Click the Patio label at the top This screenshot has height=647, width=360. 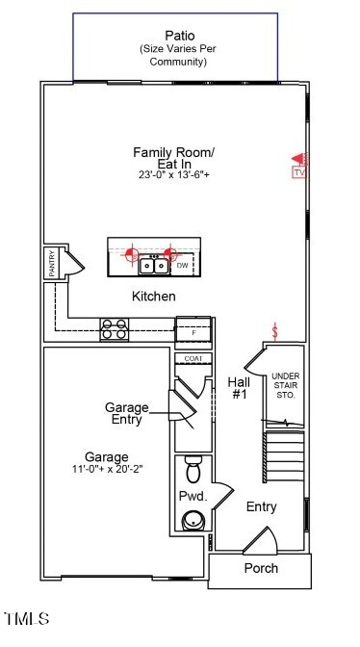173,34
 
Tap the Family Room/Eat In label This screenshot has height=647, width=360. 174,158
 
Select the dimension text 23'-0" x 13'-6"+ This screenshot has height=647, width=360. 174,175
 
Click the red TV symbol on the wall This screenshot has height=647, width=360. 298,165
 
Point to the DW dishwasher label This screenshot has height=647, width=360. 182,265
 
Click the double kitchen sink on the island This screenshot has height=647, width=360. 151,265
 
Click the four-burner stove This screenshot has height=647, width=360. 116,329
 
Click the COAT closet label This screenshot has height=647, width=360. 193,359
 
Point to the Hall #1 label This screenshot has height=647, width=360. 239,388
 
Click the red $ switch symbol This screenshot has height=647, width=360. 276,332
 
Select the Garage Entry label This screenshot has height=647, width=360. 126,413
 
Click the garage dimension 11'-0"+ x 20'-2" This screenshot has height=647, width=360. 106,469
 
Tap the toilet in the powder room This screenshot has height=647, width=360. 193,470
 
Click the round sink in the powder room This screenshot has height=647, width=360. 193,521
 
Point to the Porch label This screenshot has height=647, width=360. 260,568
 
